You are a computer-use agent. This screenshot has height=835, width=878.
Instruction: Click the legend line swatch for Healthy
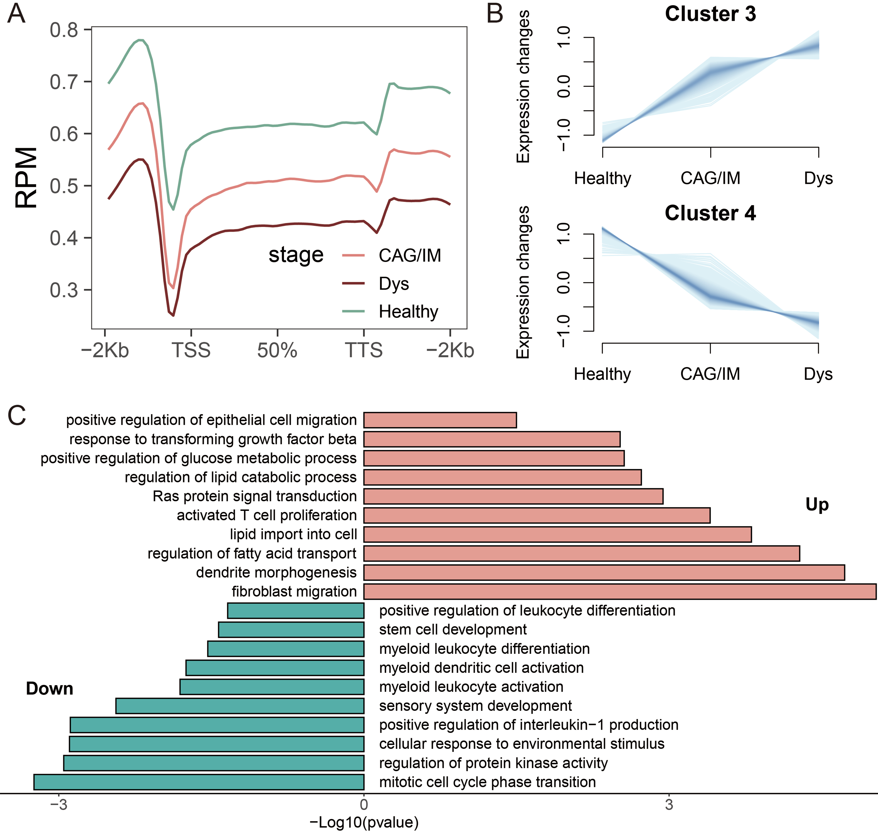pyautogui.click(x=354, y=311)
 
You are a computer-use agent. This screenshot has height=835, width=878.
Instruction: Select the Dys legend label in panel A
pyautogui.click(x=394, y=283)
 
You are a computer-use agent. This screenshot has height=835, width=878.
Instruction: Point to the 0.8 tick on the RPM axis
pyautogui.click(x=64, y=30)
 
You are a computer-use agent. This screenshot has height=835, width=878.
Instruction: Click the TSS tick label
pyautogui.click(x=191, y=350)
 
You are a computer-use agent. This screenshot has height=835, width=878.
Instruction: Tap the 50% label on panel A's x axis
pyautogui.click(x=277, y=350)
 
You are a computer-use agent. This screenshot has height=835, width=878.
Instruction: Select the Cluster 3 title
pyautogui.click(x=710, y=14)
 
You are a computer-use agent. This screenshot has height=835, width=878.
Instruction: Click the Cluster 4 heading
pyautogui.click(x=710, y=213)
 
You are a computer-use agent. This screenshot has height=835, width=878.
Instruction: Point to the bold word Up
pyautogui.click(x=817, y=504)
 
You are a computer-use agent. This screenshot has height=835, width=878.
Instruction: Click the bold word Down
pyautogui.click(x=49, y=689)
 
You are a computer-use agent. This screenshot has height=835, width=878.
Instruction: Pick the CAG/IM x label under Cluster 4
pyautogui.click(x=710, y=374)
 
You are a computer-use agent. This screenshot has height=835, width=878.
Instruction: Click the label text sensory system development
pyautogui.click(x=475, y=706)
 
